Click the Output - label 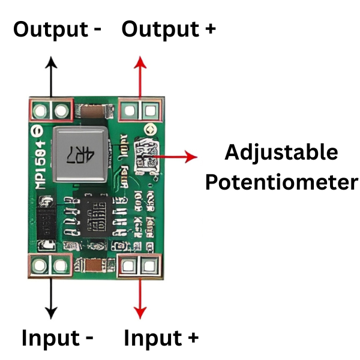58,29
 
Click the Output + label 169,29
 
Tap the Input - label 58,338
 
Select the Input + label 161,338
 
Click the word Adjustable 281,152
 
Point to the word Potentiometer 281,182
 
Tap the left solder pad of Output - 41,110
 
